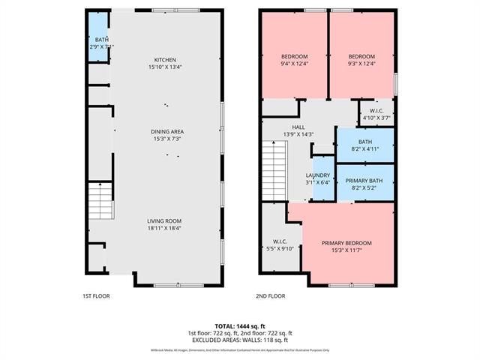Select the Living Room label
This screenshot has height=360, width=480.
165,223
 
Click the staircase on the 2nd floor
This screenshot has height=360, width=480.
274,168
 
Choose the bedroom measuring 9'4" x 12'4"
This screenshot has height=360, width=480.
294,60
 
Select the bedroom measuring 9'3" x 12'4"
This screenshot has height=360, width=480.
361,60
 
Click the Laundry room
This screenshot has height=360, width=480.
322,178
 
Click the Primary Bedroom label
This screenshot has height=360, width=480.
346,246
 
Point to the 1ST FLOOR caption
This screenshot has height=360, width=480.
96,296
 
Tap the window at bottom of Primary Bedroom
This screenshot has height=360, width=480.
351,286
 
